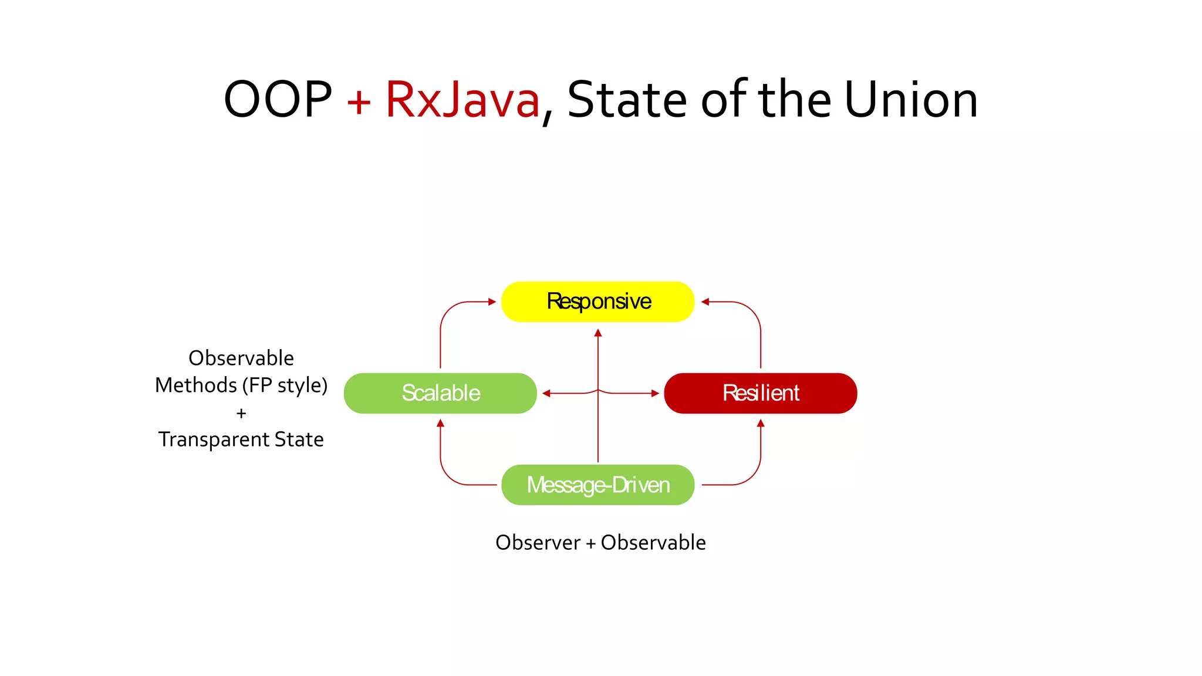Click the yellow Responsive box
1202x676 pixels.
click(x=597, y=302)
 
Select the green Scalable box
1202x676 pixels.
click(x=440, y=393)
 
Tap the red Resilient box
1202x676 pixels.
click(x=760, y=393)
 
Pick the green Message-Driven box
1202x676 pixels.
click(x=597, y=485)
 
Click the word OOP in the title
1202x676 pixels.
click(x=278, y=100)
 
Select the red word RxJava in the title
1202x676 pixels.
click(x=462, y=100)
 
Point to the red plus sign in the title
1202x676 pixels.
click(x=359, y=102)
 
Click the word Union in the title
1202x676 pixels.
click(x=911, y=100)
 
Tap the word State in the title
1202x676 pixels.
click(x=627, y=100)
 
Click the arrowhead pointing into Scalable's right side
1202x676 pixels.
click(x=546, y=393)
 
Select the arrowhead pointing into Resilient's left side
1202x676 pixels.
click(x=655, y=393)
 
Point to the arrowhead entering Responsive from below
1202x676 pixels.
click(x=598, y=333)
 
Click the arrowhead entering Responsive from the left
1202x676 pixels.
click(x=492, y=302)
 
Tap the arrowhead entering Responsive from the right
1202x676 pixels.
click(x=705, y=302)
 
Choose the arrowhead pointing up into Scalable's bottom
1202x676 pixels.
click(x=440, y=423)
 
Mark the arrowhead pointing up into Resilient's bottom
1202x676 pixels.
click(x=761, y=423)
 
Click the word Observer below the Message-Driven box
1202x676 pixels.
click(x=538, y=543)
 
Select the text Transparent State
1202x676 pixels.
click(x=241, y=440)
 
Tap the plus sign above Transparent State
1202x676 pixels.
click(x=241, y=414)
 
